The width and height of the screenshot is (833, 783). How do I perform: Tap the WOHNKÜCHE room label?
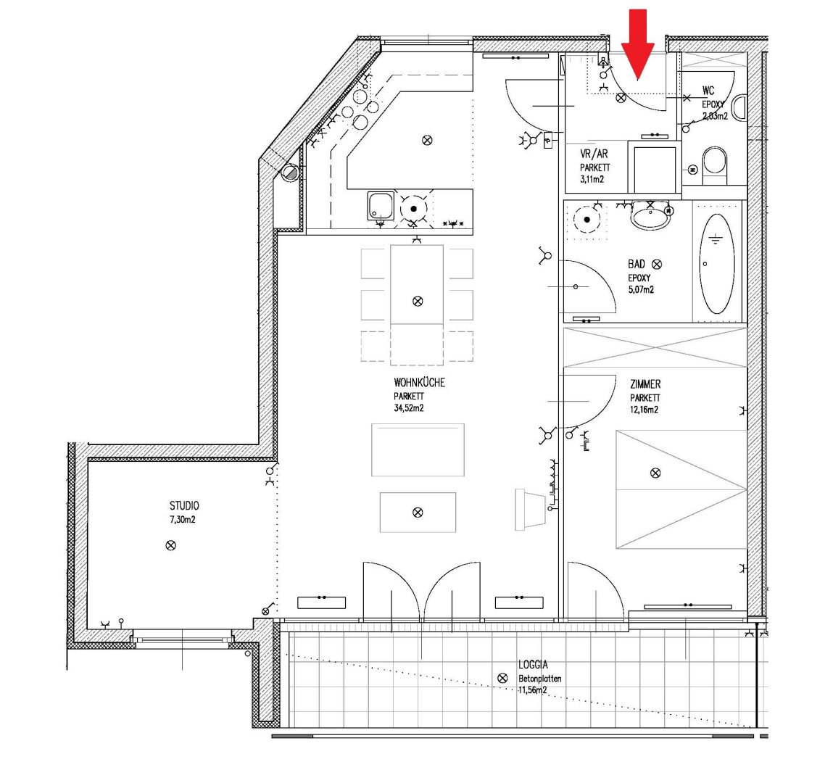(419, 383)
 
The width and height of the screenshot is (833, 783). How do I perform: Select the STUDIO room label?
(184, 506)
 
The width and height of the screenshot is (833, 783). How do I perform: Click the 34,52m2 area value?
(409, 408)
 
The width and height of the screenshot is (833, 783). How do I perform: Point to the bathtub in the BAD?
(717, 264)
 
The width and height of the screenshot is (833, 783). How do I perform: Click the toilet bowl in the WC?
(714, 162)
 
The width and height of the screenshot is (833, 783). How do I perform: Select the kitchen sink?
(381, 206)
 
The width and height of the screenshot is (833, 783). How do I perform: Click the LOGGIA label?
(533, 665)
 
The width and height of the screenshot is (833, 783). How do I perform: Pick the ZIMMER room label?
(645, 384)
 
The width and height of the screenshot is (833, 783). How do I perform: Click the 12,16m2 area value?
(645, 410)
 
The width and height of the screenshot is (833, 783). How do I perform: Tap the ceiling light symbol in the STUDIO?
(170, 545)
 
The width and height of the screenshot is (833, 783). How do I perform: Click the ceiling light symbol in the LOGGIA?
(502, 679)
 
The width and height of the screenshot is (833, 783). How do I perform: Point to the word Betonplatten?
(540, 679)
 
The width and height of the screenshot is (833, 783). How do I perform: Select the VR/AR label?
(594, 154)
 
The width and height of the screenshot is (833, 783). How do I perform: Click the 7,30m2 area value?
(183, 520)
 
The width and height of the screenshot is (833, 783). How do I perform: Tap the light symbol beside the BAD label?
(657, 264)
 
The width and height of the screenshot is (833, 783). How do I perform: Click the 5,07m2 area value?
(641, 289)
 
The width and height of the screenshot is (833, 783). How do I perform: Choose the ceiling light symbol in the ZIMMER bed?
(655, 473)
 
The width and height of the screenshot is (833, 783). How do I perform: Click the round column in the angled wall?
(291, 173)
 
